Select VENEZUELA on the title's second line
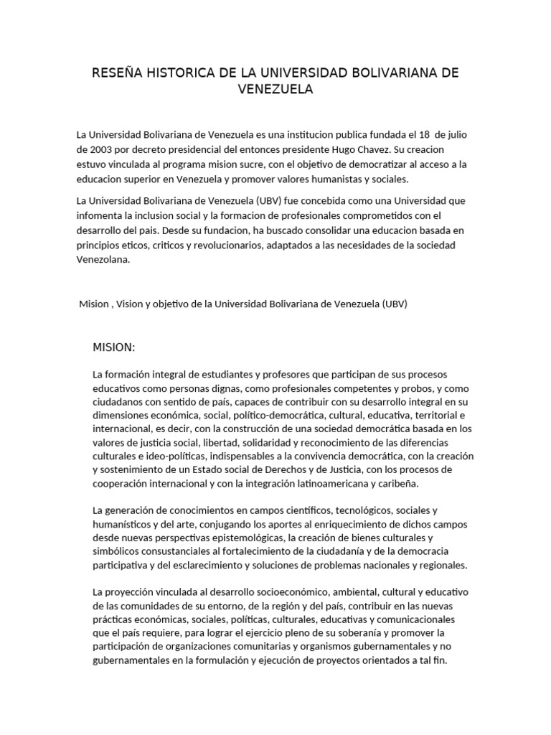point(275,90)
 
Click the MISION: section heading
point(114,348)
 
